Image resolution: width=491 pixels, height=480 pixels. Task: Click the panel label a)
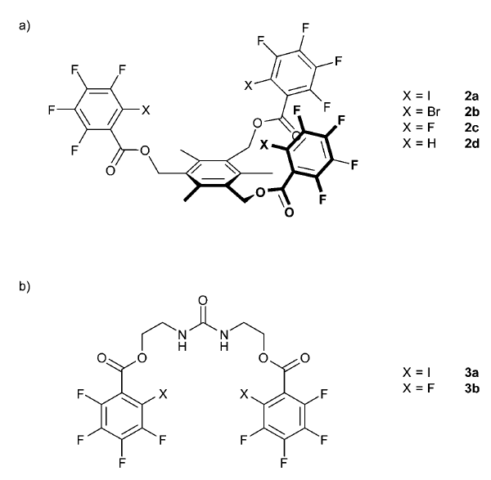(x=25, y=25)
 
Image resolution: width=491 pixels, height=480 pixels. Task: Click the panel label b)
(x=25, y=286)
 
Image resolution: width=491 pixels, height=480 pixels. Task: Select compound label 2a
(x=471, y=96)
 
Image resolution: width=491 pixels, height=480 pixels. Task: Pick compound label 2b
(x=472, y=112)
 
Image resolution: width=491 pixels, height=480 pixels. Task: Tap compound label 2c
(x=471, y=128)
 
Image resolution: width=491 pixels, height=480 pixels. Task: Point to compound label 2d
(x=472, y=143)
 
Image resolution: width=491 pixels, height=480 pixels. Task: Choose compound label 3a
(x=471, y=372)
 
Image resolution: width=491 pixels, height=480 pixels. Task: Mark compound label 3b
(x=472, y=388)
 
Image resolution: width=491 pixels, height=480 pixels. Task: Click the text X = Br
(x=421, y=112)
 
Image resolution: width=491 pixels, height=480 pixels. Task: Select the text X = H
(x=419, y=143)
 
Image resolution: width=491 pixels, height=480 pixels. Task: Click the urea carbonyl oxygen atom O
(x=203, y=300)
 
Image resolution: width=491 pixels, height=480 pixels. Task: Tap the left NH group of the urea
(x=182, y=340)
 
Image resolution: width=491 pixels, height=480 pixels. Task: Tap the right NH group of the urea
(x=224, y=340)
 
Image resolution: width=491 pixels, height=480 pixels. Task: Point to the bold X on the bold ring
(x=264, y=145)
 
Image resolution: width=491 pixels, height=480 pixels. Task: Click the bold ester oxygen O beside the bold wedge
(x=260, y=192)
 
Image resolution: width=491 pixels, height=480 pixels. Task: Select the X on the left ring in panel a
(x=146, y=110)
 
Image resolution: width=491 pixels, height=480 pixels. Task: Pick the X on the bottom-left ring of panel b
(x=163, y=394)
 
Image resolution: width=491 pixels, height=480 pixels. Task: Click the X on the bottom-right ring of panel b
(x=244, y=394)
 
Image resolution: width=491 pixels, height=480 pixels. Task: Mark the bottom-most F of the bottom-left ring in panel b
(x=122, y=462)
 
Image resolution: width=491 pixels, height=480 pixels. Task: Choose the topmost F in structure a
(x=305, y=28)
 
